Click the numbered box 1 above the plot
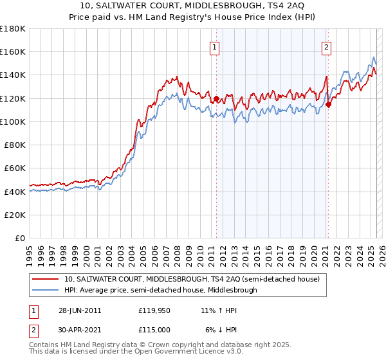(214, 46)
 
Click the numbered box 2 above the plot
(327, 46)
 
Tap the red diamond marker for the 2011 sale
(216, 99)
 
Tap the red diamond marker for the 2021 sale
(328, 105)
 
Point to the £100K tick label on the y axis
(13, 122)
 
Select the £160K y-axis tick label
(13, 51)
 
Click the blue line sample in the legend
(45, 290)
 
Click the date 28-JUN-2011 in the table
(80, 310)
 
